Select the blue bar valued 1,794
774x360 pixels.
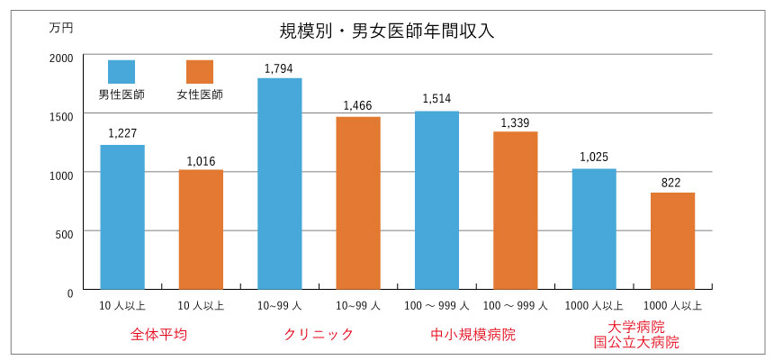pyautogui.click(x=279, y=184)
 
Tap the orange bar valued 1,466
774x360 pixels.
pyautogui.click(x=358, y=202)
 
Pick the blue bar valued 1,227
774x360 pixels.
pyautogui.click(x=122, y=217)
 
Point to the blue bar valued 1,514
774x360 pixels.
pyautogui.click(x=436, y=200)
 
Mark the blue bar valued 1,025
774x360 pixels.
pyautogui.click(x=594, y=229)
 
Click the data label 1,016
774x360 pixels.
pyautogui.click(x=201, y=161)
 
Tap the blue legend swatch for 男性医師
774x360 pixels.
pyautogui.click(x=121, y=72)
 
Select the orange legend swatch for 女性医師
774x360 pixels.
pyautogui.click(x=200, y=72)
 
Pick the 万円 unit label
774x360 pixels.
pyautogui.click(x=61, y=28)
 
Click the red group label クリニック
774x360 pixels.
pyautogui.click(x=318, y=334)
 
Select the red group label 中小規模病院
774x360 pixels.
pyautogui.click(x=473, y=334)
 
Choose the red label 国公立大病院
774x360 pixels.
pyautogui.click(x=635, y=342)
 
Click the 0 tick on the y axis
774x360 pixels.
pyautogui.click(x=69, y=292)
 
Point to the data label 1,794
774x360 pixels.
pyautogui.click(x=279, y=68)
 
